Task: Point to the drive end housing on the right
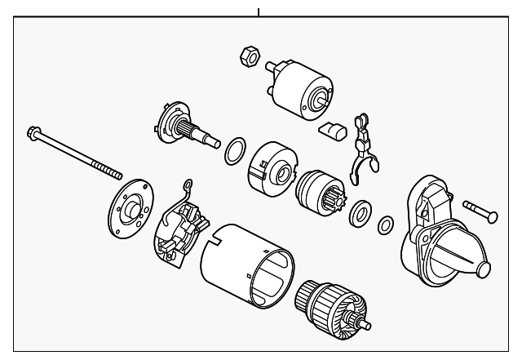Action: coord(440,237)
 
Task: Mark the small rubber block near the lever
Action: coord(331,130)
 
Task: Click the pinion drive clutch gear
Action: coord(318,191)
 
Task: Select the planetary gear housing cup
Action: coord(272,167)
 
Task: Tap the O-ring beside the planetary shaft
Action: coord(233,149)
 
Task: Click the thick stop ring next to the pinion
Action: coord(359,216)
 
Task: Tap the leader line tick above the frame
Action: coord(259,11)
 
